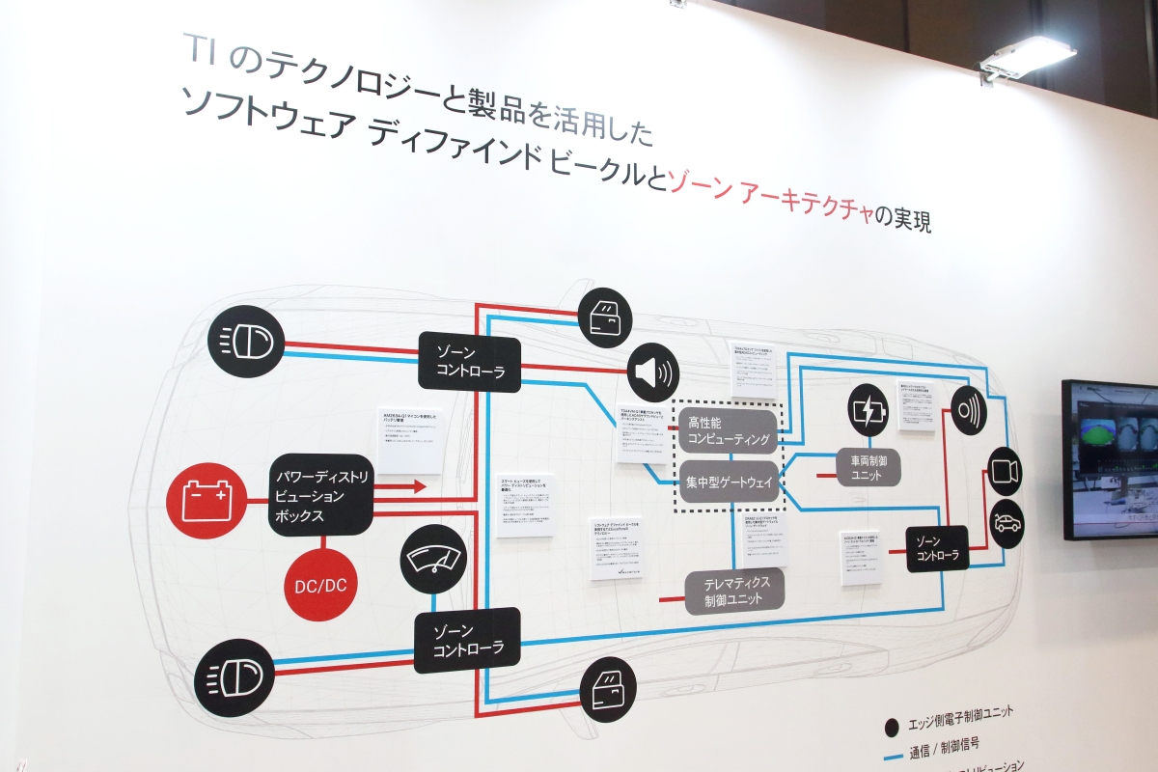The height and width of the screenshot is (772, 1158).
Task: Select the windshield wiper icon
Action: pos(433,559)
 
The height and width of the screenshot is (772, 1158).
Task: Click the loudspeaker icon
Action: pos(652,373)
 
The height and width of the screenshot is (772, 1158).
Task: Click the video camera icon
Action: pos(1005,472)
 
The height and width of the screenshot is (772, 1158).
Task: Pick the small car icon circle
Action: pos(1007,523)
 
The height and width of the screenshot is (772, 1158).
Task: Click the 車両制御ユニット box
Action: pos(868,468)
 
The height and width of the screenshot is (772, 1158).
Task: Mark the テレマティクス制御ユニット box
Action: pos(734,591)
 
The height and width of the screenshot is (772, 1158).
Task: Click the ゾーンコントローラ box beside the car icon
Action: pos(937,548)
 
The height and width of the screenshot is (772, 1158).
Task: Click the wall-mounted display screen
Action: pos(1111,457)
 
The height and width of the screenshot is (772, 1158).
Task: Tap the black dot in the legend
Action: pos(893,725)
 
